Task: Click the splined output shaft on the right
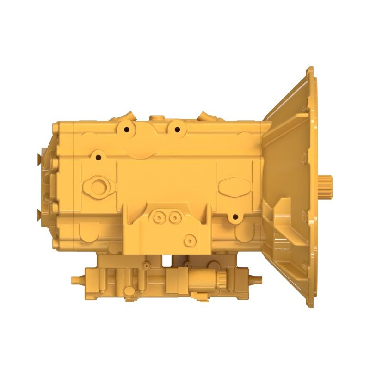point(326,188)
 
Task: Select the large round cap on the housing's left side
point(99,187)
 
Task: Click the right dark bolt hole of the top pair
point(176,129)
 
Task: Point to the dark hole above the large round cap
point(98,157)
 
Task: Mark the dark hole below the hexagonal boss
point(235,216)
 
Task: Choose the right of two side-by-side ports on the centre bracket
point(174,217)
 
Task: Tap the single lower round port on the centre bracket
point(189,240)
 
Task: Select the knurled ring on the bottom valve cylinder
point(221,279)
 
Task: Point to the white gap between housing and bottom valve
point(166,260)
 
